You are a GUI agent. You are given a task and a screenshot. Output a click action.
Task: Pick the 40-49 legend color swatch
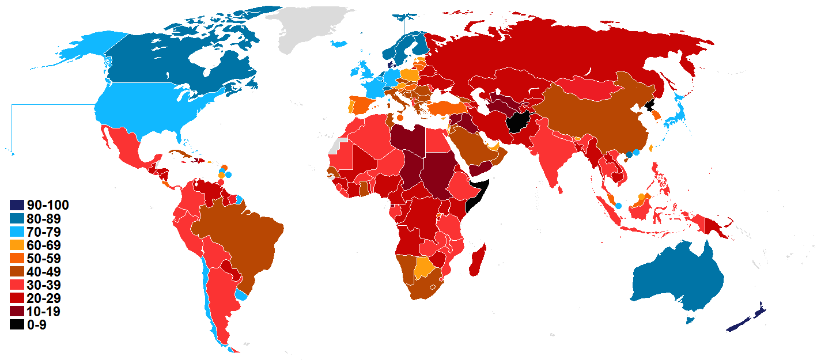(17, 272)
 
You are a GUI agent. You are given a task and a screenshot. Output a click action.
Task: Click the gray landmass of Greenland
(305, 29)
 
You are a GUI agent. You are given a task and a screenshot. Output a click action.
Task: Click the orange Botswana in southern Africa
(425, 268)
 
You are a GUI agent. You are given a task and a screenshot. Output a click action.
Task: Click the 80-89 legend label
(43, 219)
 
